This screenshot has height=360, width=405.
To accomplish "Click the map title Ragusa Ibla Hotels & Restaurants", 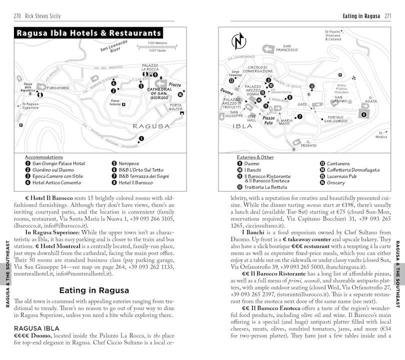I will pos(88,33).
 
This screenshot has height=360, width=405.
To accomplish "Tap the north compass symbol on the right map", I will pos(238,40).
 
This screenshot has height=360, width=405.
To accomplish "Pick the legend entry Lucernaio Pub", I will pos(342,176).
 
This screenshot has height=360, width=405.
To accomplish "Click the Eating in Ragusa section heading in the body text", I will pos(94,290).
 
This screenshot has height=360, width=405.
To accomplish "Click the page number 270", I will pos(20,16).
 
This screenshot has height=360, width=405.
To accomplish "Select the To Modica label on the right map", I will pos(381,134).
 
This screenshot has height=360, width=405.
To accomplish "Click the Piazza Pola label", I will pos(268,120).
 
